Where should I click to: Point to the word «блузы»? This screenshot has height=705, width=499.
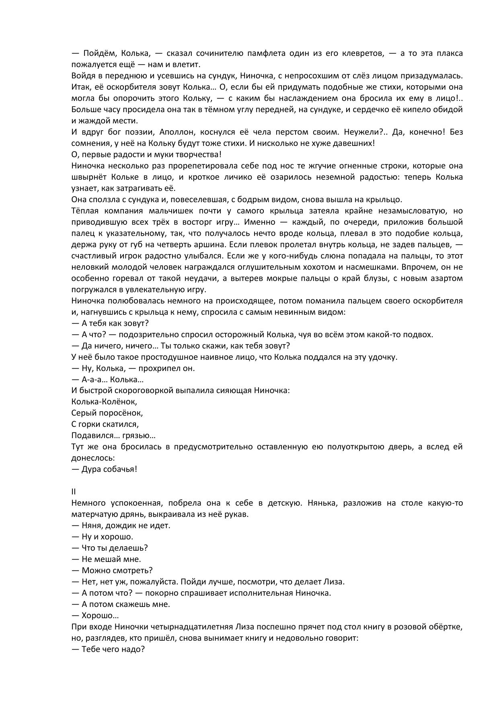click(x=371, y=279)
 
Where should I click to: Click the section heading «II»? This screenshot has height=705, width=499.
click(x=74, y=492)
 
